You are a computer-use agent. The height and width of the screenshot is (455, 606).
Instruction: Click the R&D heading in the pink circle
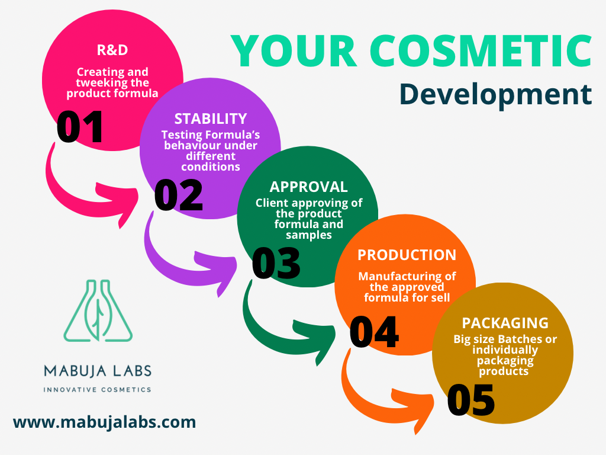[112, 50]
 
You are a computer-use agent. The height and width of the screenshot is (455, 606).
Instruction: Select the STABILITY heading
[211, 118]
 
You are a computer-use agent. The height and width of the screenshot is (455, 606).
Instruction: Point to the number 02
[178, 196]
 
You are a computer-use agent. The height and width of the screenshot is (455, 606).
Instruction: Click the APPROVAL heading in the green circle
[308, 187]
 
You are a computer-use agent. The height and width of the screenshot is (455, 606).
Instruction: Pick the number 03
[276, 263]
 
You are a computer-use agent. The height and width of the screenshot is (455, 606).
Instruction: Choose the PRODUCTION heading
[407, 255]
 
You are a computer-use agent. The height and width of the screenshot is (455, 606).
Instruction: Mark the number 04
[373, 332]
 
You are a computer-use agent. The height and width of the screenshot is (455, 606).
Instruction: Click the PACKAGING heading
[505, 323]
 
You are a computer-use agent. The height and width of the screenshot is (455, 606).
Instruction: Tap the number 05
[471, 399]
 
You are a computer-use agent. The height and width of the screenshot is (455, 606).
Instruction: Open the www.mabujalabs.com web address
[104, 422]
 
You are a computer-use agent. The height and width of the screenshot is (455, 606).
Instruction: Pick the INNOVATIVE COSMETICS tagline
[98, 390]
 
